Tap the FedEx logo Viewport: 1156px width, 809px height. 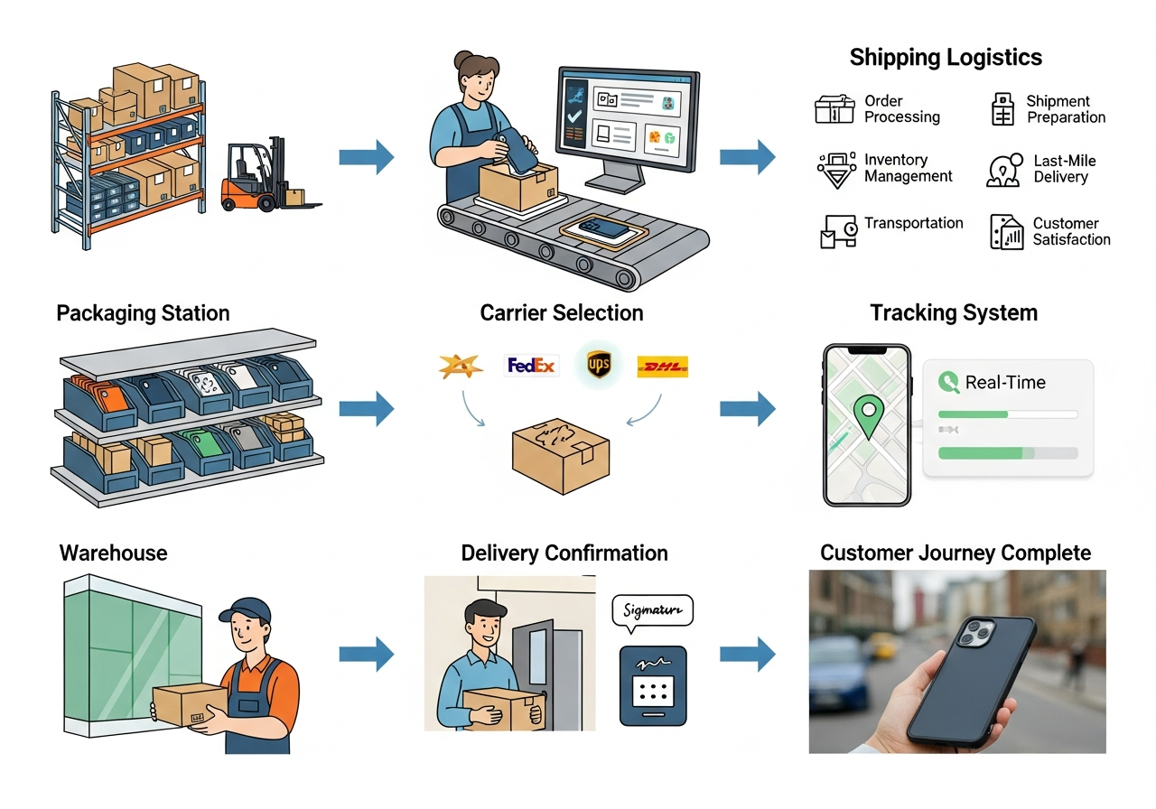[531, 366]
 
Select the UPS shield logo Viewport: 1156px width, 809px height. [599, 365]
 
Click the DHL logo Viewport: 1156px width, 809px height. [663, 366]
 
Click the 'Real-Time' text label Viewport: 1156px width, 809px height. [1004, 382]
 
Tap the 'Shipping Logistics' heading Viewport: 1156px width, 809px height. [946, 58]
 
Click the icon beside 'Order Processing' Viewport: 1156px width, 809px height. [834, 109]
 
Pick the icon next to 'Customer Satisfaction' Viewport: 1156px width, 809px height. [1006, 232]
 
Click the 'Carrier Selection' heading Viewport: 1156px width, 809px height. [562, 313]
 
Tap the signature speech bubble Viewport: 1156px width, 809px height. [652, 611]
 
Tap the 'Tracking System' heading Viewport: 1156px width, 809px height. [954, 313]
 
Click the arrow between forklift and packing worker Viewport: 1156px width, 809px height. [366, 157]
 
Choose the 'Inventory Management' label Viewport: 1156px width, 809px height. [908, 168]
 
